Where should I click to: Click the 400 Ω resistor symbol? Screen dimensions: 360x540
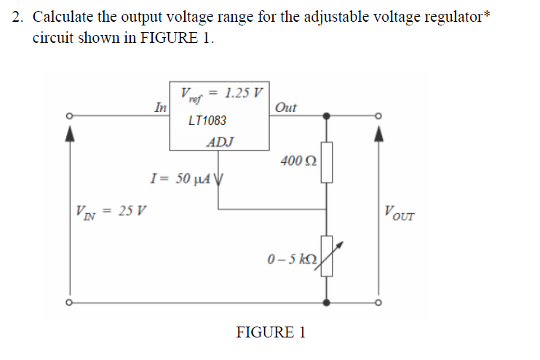pyautogui.click(x=327, y=163)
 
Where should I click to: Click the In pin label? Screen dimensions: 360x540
pyautogui.click(x=161, y=107)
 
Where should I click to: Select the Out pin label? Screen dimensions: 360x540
pyautogui.click(x=286, y=108)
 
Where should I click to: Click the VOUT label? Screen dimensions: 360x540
pyautogui.click(x=400, y=212)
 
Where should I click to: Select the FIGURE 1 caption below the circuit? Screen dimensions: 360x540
pyautogui.click(x=271, y=332)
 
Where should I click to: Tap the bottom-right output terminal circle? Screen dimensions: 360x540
pyautogui.click(x=378, y=301)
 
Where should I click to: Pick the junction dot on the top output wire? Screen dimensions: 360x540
pyautogui.click(x=327, y=115)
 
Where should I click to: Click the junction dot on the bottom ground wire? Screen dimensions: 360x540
pyautogui.click(x=327, y=301)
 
